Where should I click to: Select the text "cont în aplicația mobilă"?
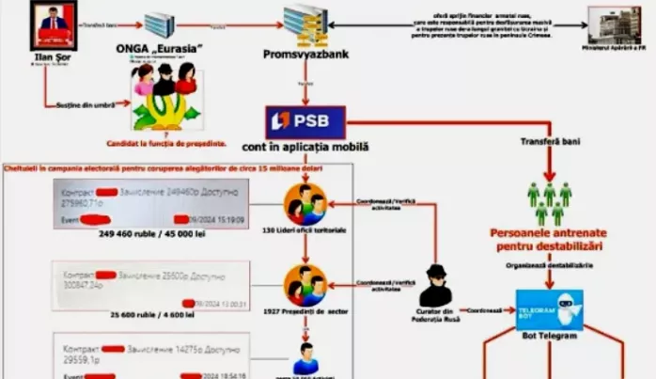(306, 148)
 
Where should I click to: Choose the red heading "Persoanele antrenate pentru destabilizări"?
(547, 239)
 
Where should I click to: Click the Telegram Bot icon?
(550, 309)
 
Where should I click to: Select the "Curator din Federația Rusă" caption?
(435, 315)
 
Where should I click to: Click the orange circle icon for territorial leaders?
(305, 202)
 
